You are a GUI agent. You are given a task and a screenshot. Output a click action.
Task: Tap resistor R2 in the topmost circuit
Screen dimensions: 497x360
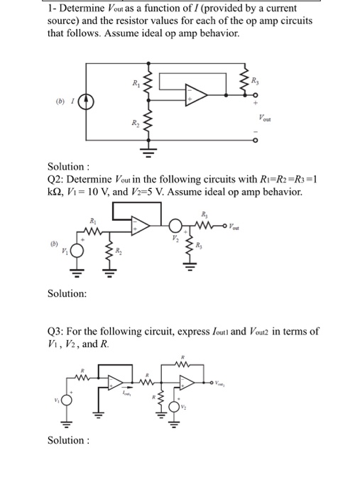[x=148, y=124]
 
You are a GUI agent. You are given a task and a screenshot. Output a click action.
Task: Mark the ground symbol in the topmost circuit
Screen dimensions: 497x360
[x=148, y=150]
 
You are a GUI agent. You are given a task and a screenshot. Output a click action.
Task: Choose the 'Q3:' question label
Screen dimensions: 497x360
[x=58, y=332]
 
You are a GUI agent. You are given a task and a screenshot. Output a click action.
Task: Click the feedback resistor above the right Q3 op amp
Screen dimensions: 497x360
[x=186, y=366]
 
